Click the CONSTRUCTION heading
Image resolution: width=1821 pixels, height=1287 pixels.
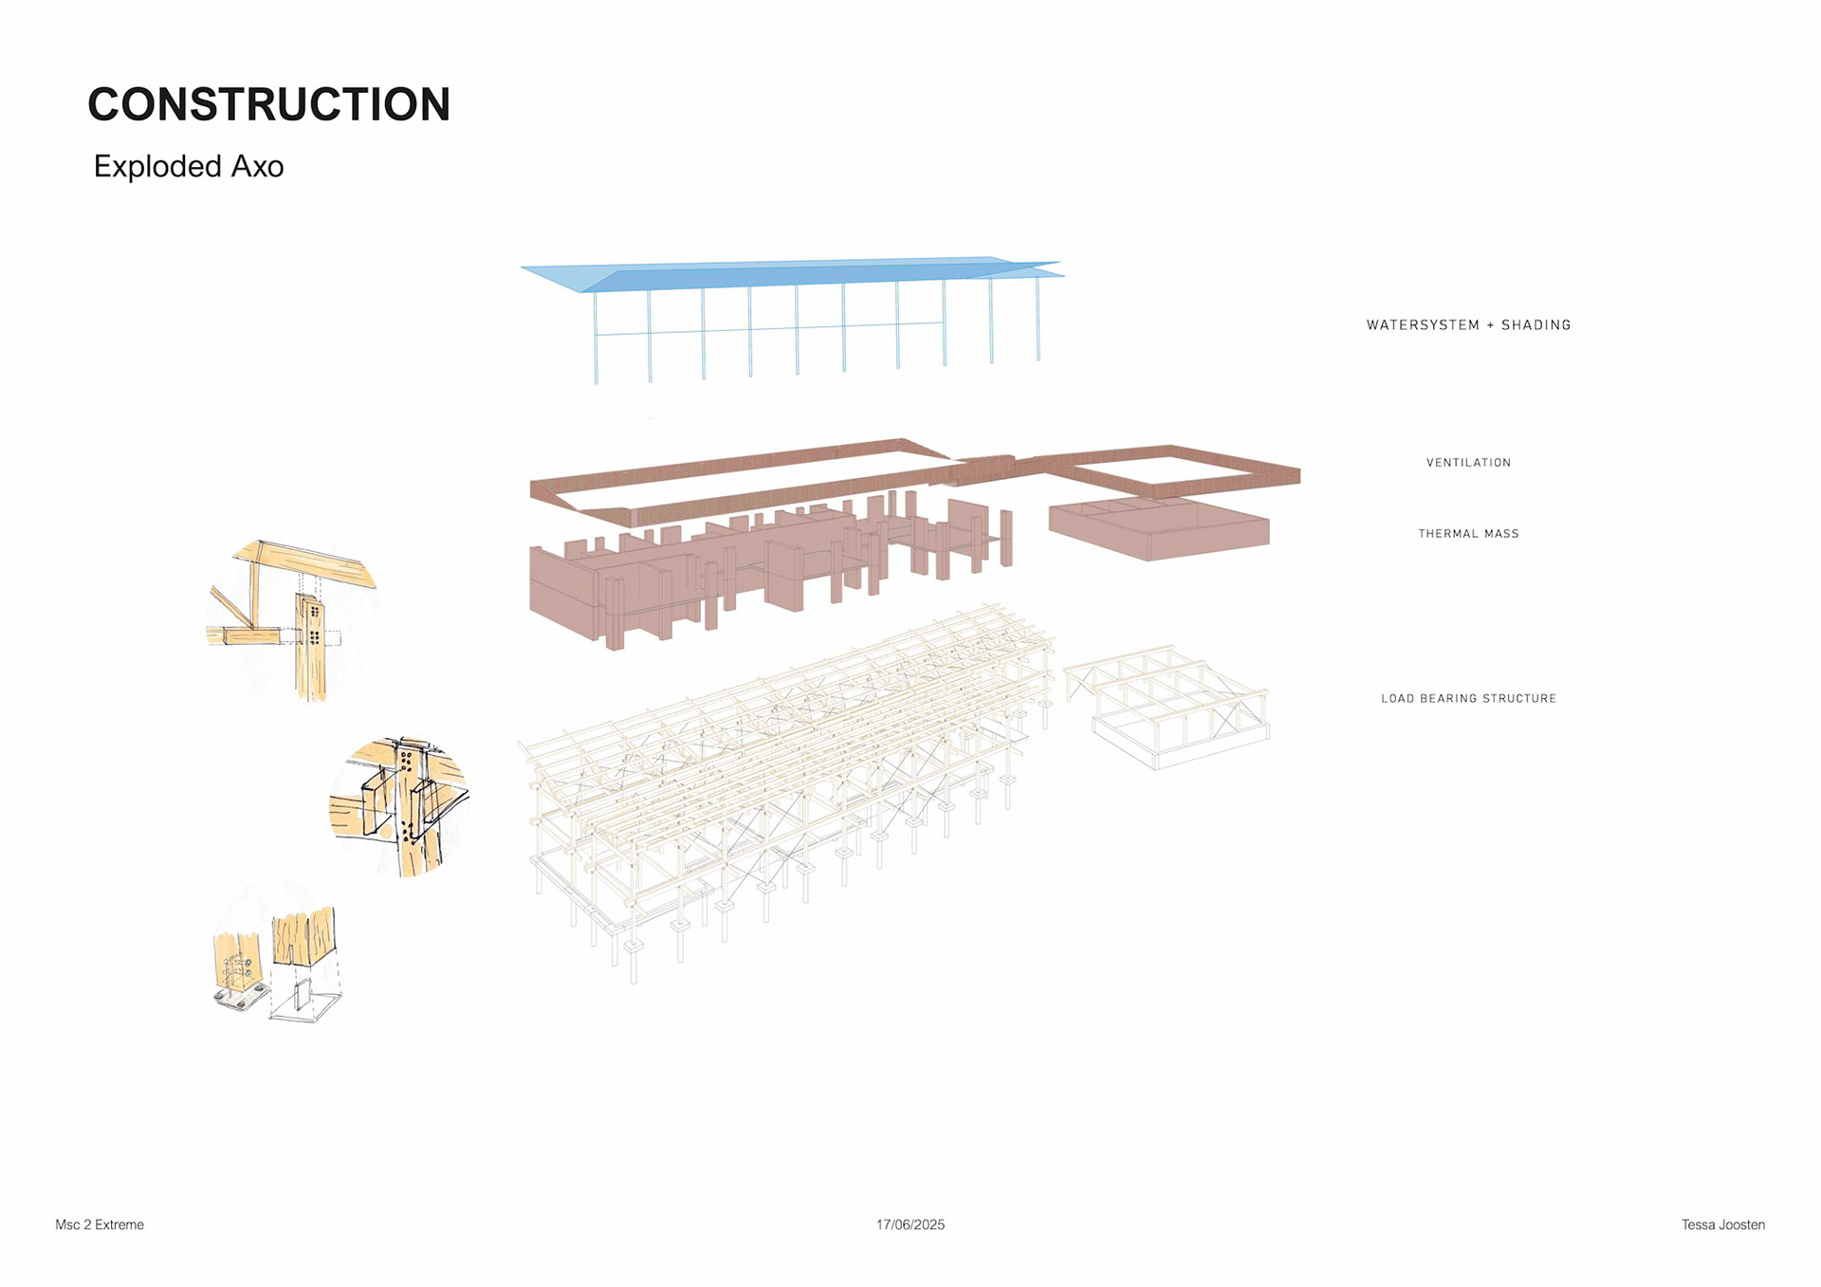268,104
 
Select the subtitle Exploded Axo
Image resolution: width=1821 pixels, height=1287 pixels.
189,167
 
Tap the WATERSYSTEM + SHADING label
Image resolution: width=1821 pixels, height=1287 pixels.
1468,325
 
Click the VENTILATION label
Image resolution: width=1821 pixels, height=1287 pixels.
1468,463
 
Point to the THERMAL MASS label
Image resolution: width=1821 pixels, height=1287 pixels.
1468,534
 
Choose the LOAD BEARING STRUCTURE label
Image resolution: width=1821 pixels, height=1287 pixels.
1468,699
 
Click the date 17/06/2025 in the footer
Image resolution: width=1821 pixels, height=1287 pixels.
910,1224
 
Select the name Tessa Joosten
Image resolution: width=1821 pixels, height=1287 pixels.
1722,1224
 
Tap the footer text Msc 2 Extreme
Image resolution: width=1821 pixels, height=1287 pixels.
100,1224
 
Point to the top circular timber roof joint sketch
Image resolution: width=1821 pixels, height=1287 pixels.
292,616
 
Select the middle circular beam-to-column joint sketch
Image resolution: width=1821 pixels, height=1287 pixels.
400,806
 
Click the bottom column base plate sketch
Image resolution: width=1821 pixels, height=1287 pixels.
277,963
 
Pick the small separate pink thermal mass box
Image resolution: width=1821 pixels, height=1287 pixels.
1159,529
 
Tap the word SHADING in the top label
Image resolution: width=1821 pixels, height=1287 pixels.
1536,325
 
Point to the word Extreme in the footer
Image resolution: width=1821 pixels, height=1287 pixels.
120,1224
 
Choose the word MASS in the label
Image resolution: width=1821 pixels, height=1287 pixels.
1501,534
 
